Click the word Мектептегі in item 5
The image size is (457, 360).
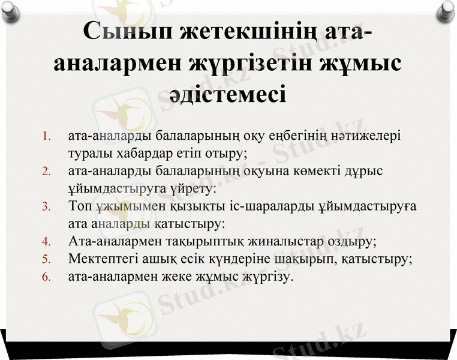(x=103, y=260)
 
